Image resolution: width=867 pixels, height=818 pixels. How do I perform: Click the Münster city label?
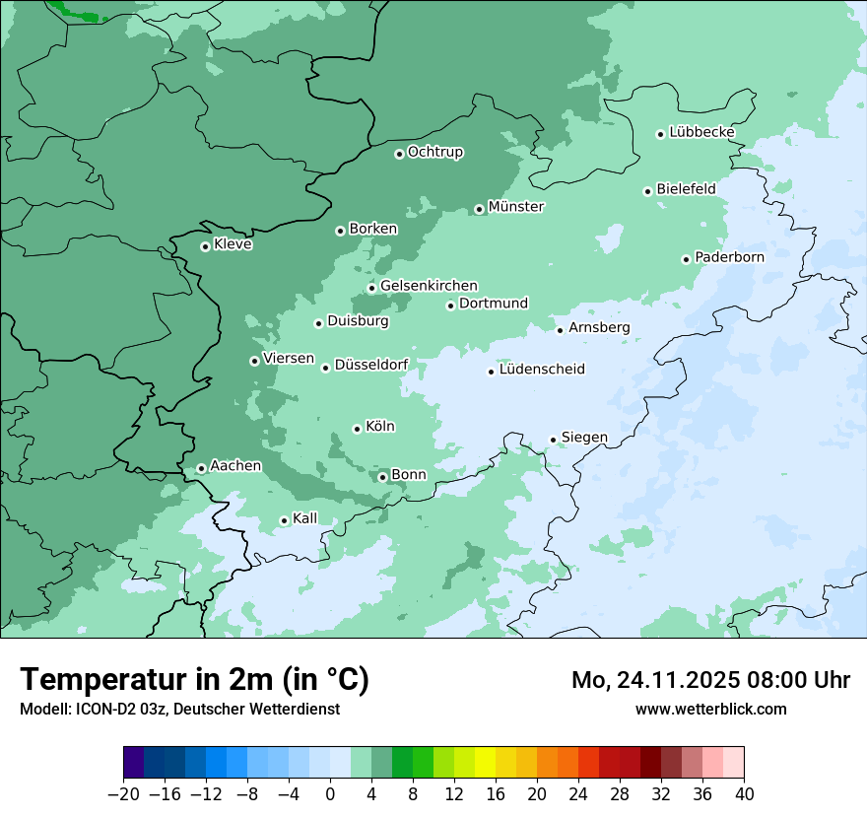point(515,207)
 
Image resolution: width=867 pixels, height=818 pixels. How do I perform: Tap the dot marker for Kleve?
point(205,246)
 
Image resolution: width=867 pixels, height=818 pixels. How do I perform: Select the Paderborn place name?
point(729,257)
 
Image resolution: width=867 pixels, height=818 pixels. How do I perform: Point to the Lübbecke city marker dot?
point(660,134)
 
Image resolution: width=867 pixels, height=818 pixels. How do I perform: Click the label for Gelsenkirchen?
point(429,286)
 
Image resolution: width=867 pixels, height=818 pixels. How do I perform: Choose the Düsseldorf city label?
point(370,365)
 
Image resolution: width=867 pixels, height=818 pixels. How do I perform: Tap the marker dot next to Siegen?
point(553,440)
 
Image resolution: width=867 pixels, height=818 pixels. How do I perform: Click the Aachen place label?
point(235,465)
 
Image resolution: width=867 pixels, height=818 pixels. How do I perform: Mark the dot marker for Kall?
point(284,520)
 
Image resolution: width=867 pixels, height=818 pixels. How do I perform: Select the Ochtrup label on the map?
point(434,152)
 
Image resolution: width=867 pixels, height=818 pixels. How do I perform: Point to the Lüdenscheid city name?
point(542,370)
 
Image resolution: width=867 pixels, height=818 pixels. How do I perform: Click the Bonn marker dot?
point(382,477)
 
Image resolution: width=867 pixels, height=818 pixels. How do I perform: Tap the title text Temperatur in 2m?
point(194,679)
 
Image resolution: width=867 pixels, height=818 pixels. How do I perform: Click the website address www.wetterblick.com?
point(710,709)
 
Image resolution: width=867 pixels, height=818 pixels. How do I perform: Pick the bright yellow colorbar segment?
point(485,763)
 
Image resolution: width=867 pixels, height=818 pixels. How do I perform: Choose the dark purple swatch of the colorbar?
point(133,763)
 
